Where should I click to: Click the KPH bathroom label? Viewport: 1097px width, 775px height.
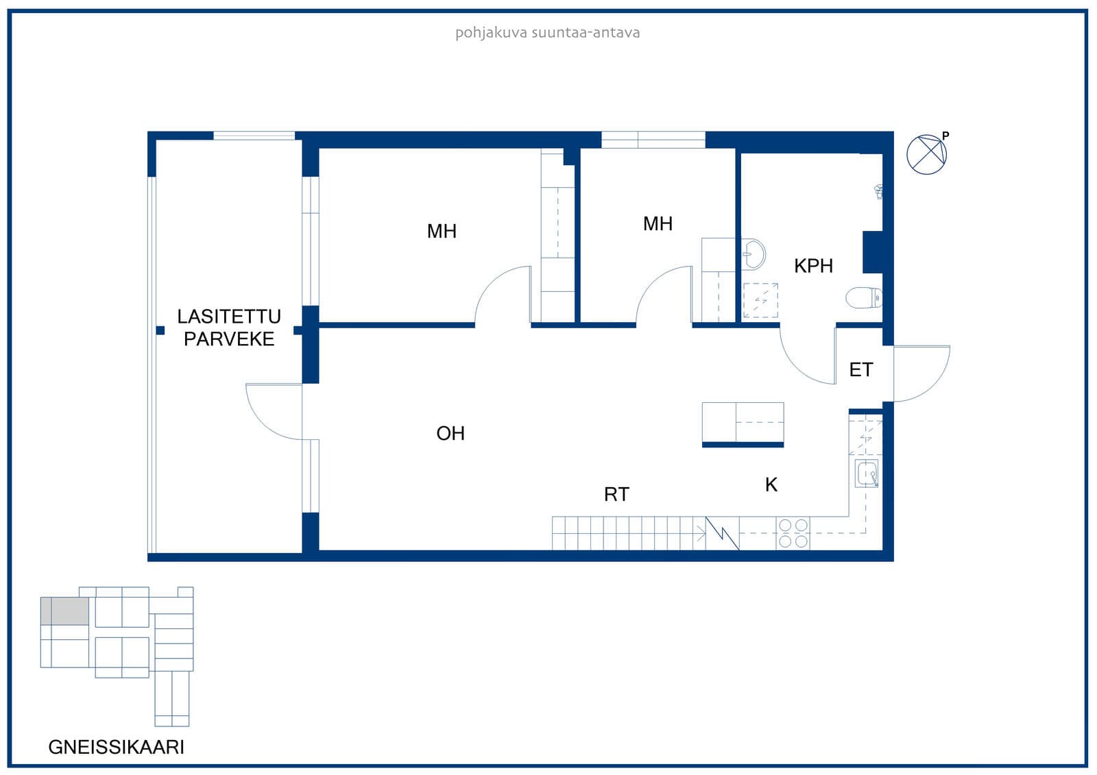[813, 266]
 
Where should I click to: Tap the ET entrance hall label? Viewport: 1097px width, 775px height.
[861, 369]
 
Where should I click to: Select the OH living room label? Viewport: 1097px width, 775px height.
[450, 433]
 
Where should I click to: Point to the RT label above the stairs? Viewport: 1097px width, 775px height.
[616, 495]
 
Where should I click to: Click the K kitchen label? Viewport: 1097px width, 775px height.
[771, 484]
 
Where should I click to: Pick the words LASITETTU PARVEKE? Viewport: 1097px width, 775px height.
[229, 328]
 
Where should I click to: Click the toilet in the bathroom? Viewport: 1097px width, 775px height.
[864, 297]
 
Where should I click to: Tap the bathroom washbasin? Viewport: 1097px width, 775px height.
[754, 254]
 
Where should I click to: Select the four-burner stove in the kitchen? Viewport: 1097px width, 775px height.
[793, 533]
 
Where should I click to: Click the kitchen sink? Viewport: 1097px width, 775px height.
[867, 473]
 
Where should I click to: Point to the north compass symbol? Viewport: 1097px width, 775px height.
[926, 155]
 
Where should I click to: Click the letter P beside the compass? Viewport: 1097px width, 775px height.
[945, 136]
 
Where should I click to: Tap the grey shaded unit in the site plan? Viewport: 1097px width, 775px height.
[64, 611]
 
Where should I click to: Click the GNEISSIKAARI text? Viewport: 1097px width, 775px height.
[116, 747]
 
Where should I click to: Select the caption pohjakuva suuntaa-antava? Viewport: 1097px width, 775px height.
[548, 33]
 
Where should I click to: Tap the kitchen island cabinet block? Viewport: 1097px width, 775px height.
[743, 424]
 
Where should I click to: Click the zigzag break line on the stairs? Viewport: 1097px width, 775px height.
[722, 533]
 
